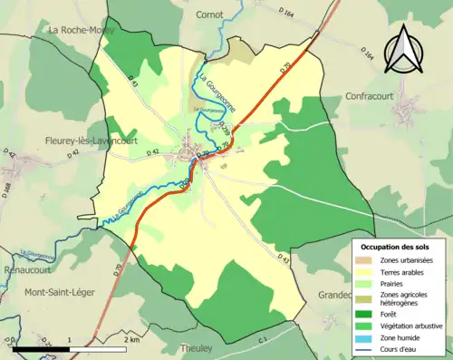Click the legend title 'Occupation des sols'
[x=395, y=247]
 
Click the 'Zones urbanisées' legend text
[x=407, y=260]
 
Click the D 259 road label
[x=224, y=130]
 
